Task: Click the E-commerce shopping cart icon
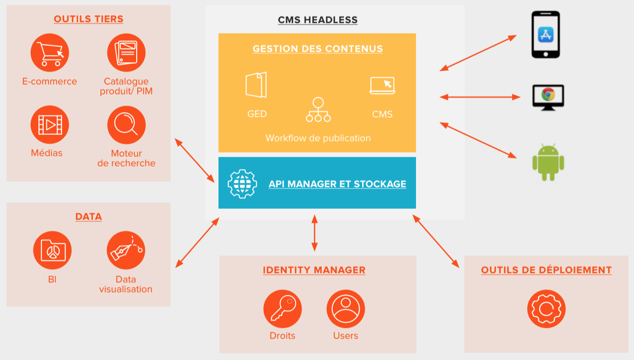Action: (50, 53)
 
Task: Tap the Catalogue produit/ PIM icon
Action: (126, 53)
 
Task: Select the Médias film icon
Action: (50, 125)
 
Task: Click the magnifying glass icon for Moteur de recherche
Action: (126, 125)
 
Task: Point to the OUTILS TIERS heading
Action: (88, 19)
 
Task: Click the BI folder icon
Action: (53, 250)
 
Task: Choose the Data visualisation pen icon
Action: (126, 250)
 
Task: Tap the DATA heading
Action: (88, 216)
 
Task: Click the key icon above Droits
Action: (283, 309)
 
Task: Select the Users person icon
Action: (346, 309)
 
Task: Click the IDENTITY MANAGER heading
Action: (314, 270)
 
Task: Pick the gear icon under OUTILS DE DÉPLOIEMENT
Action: (547, 309)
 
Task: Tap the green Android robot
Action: (548, 162)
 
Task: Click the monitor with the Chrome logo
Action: (548, 97)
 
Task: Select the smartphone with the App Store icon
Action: (546, 35)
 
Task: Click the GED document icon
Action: (257, 85)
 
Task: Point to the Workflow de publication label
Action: (318, 138)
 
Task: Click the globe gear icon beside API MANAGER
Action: (242, 184)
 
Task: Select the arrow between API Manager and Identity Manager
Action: (315, 233)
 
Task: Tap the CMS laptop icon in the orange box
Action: (383, 86)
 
